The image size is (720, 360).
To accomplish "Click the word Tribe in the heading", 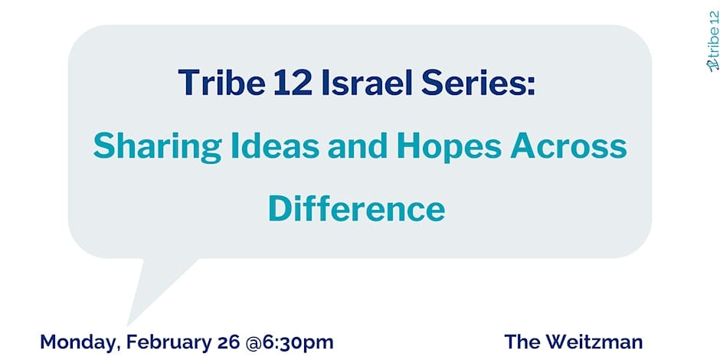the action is [222, 83].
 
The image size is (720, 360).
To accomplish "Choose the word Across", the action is [568, 145].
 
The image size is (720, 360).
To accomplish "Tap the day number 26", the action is [230, 342].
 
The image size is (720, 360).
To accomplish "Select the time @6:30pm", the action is [290, 343].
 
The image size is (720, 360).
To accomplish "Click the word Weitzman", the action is [594, 342].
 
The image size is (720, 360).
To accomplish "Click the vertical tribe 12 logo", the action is [713, 41].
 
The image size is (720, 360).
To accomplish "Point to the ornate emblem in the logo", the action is [713, 66].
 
